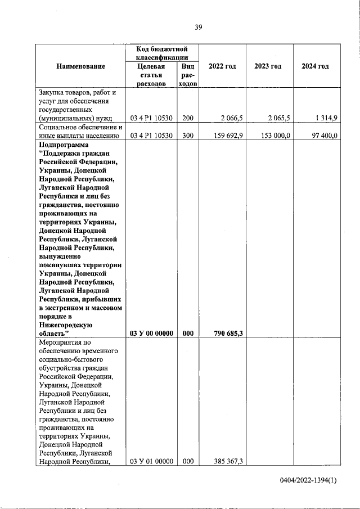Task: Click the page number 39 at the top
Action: point(199,28)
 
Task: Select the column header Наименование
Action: point(80,66)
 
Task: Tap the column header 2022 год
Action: point(222,66)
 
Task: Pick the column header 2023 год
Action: point(268,66)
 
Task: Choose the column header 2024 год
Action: point(315,66)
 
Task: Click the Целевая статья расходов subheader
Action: point(152,75)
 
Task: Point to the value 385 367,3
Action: point(229,462)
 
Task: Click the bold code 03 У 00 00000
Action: point(152,333)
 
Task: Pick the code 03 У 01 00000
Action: point(152,462)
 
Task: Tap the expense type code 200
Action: point(188,118)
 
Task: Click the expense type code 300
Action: point(188,136)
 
